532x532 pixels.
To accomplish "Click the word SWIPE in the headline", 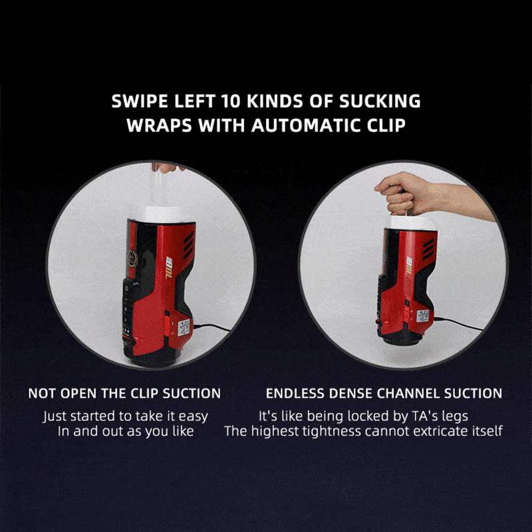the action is [140, 101].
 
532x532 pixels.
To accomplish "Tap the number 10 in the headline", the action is [231, 101].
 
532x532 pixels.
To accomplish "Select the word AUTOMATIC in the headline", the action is [306, 126].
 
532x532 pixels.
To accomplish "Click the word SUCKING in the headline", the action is [380, 101].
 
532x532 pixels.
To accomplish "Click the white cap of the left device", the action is [162, 215].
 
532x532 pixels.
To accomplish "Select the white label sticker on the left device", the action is [186, 327].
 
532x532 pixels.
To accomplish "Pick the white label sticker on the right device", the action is [423, 316].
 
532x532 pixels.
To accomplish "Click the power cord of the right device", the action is [458, 323].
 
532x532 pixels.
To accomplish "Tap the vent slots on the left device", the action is [188, 245].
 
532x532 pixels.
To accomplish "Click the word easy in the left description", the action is [193, 417].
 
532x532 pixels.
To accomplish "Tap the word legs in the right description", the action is [455, 417].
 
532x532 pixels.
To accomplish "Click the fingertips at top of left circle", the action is [166, 168].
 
